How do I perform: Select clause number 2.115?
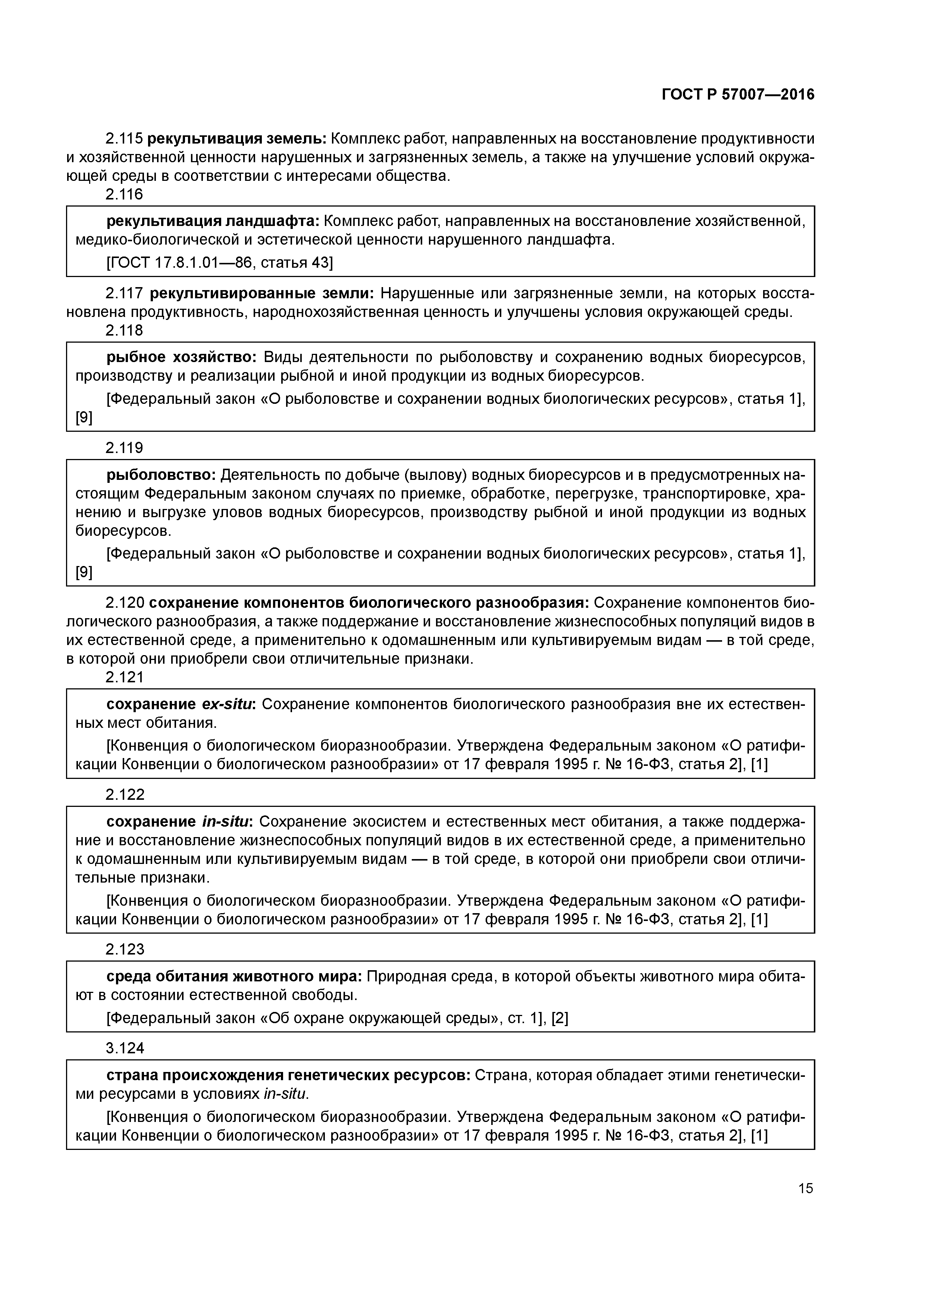(x=124, y=138)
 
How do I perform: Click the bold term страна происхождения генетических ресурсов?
(x=288, y=1075)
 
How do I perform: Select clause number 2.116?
(x=124, y=194)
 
